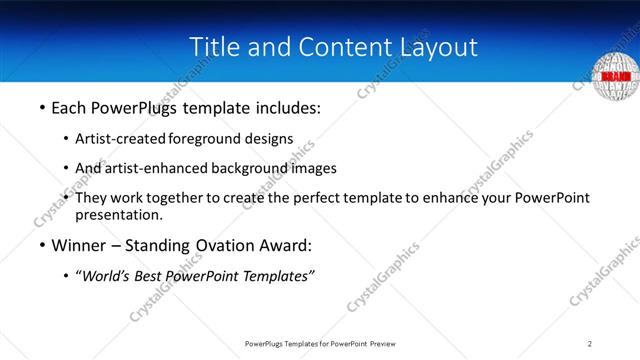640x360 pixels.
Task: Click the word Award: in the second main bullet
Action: [285, 246]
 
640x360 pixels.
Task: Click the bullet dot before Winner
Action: [41, 246]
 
